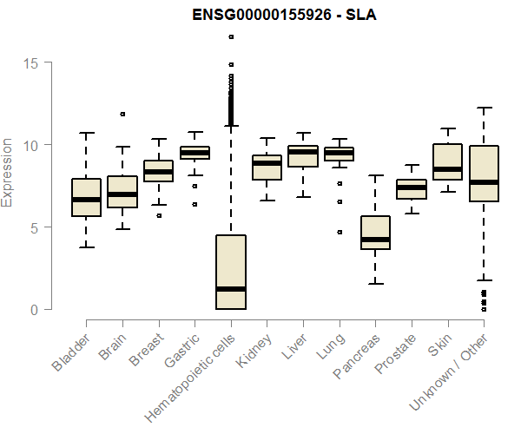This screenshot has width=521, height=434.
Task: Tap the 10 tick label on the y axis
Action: point(32,145)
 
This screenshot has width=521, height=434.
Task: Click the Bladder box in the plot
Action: point(86,197)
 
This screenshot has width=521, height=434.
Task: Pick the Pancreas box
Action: point(375,233)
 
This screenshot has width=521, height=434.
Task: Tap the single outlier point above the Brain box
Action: point(122,114)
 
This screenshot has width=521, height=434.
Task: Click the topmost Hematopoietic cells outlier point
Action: point(231,36)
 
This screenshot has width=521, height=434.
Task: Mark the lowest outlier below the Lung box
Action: point(340,232)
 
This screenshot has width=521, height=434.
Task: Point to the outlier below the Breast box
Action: point(158,215)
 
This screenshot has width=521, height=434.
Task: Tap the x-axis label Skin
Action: point(436,351)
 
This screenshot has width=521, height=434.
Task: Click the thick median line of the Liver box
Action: point(303,152)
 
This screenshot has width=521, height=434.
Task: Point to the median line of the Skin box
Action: point(447,169)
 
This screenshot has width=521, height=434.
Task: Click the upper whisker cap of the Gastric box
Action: point(195,132)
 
